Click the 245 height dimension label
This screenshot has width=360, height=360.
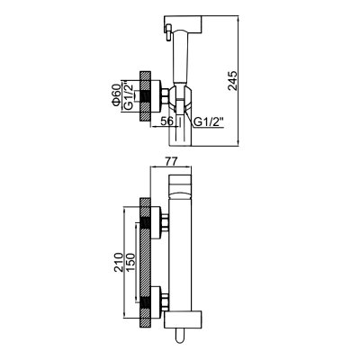(232, 81)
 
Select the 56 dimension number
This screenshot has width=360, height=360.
(166, 121)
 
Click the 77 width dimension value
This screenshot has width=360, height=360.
(172, 161)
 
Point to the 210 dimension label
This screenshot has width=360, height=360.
(119, 263)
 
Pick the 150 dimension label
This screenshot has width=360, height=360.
(130, 263)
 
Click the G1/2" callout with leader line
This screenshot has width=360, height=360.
(209, 121)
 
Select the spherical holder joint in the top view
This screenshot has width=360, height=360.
(179, 96)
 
